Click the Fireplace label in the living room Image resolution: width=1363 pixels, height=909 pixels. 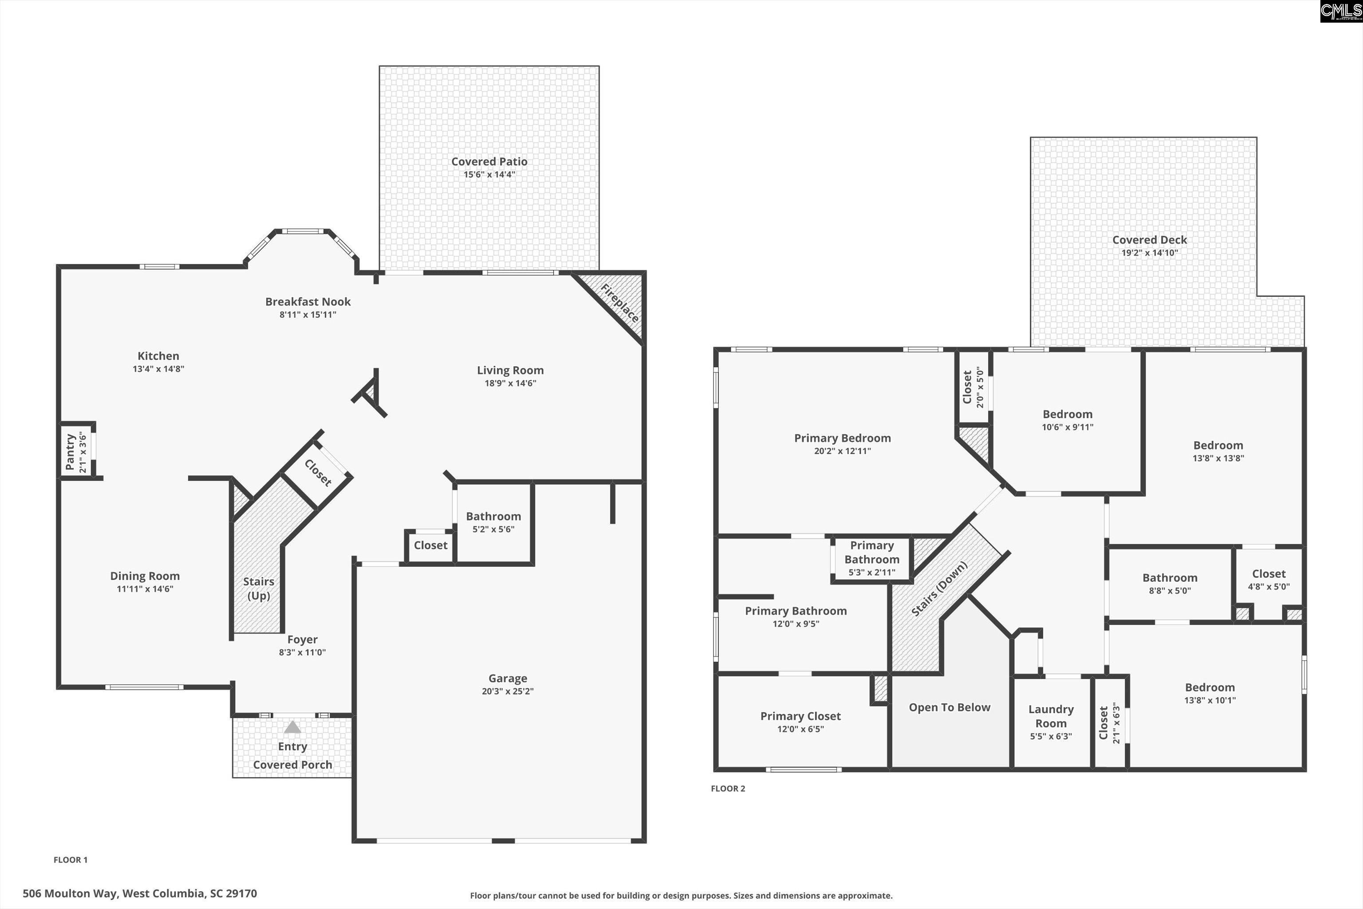[619, 303]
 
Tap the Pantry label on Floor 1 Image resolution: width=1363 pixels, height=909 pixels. [70, 452]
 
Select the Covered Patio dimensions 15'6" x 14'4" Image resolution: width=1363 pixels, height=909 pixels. [489, 174]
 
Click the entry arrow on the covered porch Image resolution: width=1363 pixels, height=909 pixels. [293, 727]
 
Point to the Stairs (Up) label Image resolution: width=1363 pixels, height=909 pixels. [259, 589]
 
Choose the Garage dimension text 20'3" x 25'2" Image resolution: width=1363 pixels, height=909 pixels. [508, 691]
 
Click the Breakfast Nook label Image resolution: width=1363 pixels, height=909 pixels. [308, 301]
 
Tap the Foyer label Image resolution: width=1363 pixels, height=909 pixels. [303, 640]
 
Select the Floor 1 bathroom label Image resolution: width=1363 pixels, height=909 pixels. [493, 516]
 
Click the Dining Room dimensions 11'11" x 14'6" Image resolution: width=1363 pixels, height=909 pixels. [145, 589]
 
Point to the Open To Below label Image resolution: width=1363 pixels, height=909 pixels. [949, 707]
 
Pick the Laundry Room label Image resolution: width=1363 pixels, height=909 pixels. [1051, 716]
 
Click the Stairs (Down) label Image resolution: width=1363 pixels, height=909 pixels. [939, 589]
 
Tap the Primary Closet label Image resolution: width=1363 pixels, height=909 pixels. [800, 716]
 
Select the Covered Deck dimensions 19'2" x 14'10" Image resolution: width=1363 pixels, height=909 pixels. [1149, 253]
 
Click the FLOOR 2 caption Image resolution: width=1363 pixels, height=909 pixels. [728, 788]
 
